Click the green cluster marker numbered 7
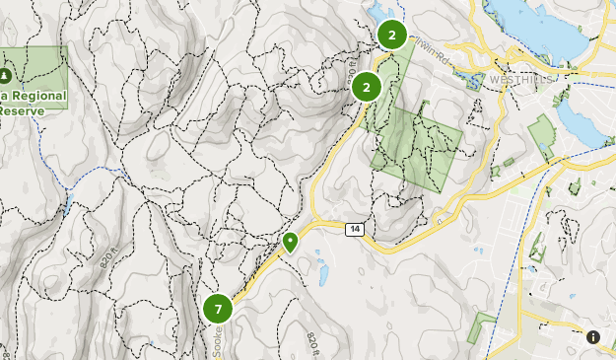218,309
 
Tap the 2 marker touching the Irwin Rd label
391,36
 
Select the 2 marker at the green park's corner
367,87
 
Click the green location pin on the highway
291,242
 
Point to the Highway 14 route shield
355,229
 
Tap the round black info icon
593,337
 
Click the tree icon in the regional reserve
7,75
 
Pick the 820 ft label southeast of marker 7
311,345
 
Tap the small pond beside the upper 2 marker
376,14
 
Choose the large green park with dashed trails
416,143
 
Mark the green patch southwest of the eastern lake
541,134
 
